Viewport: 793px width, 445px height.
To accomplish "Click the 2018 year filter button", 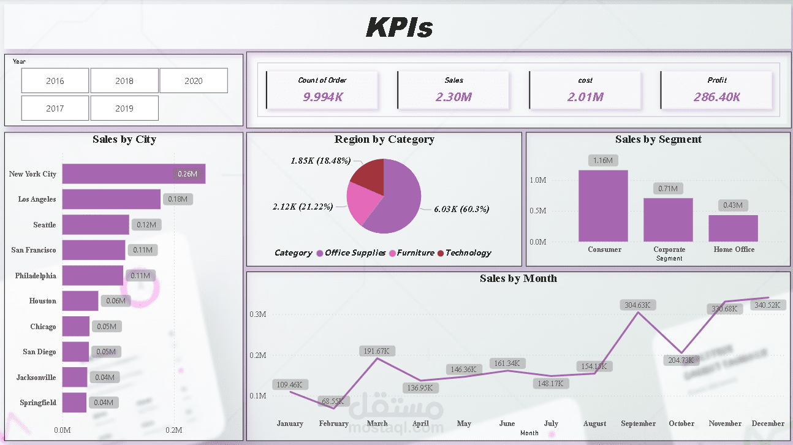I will tap(124, 81).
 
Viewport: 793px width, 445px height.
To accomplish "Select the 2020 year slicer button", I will tap(194, 81).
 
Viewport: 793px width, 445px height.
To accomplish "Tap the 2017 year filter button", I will tap(55, 108).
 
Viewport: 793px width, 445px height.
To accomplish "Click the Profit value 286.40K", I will tap(716, 97).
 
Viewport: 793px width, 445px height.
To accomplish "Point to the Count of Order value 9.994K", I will tap(322, 97).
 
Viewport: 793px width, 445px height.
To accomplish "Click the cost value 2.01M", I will tap(585, 97).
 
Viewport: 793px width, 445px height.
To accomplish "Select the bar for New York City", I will tap(134, 173).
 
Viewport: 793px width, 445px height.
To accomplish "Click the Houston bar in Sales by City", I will tap(80, 301).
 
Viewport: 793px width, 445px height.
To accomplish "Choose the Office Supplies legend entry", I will tap(355, 253).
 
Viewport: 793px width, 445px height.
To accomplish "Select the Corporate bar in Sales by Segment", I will tap(668, 219).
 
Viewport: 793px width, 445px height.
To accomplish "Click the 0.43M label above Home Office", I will tap(733, 205).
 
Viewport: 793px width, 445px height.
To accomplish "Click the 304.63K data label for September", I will tap(638, 305).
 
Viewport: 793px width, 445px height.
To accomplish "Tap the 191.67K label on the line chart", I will tap(378, 351).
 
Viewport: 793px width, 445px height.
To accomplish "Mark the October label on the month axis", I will tap(681, 424).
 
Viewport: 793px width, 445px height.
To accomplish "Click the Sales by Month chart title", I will tap(518, 278).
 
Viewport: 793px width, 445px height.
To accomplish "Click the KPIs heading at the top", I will tap(399, 28).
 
